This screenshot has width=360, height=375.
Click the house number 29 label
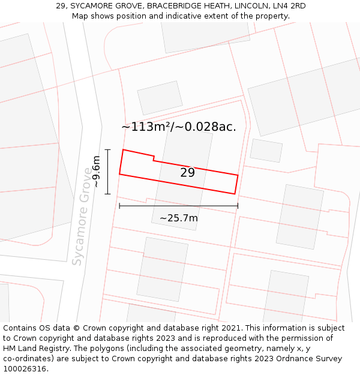tap(187, 173)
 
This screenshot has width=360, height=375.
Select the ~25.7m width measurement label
tap(178, 218)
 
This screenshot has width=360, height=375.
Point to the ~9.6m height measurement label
tap(95, 172)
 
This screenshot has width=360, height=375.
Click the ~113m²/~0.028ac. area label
tap(178, 127)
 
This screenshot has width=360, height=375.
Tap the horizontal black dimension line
tap(178, 206)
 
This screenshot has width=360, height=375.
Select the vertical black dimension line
tap(108, 172)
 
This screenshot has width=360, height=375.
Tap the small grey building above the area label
tap(160, 98)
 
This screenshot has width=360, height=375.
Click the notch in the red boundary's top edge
tap(154, 158)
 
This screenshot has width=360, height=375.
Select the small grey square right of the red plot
tap(266, 150)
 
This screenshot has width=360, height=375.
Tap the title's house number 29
tap(61, 6)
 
